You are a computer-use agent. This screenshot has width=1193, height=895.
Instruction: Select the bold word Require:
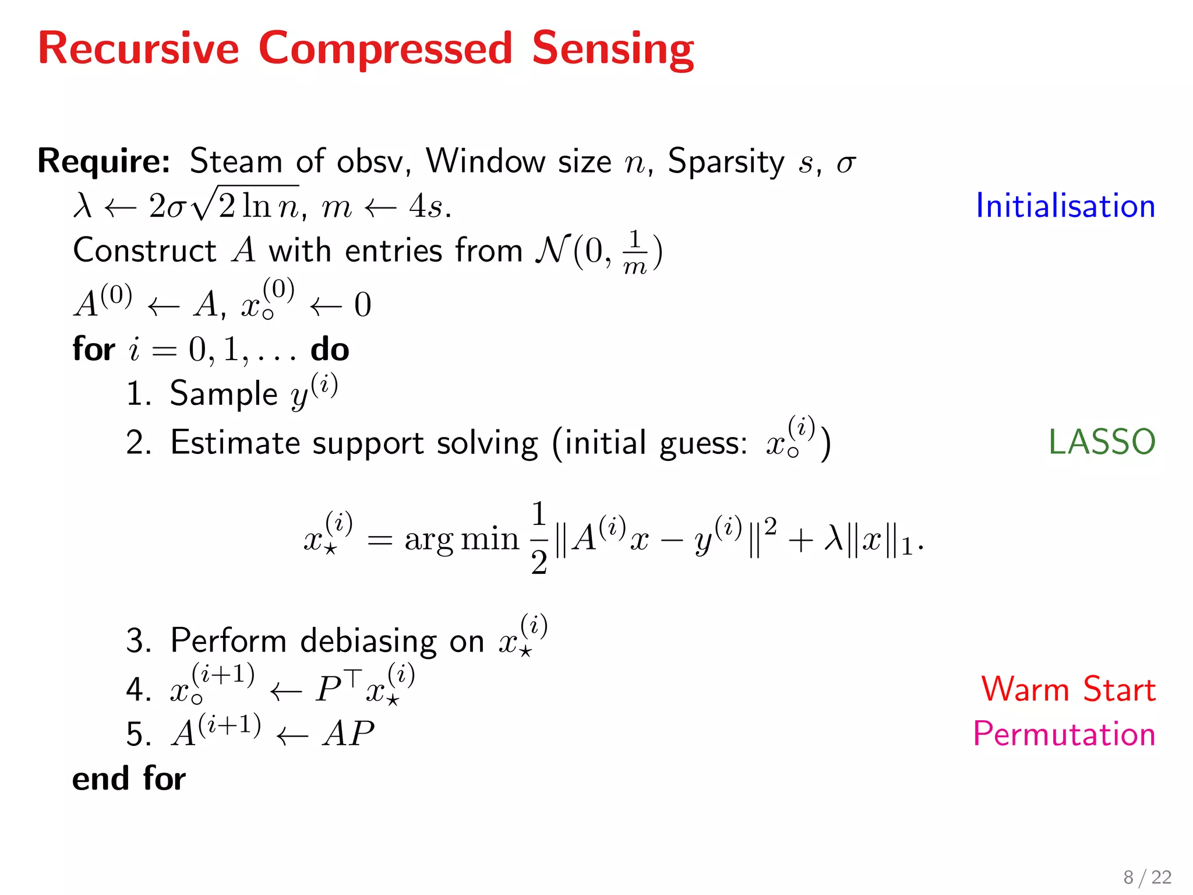(104, 161)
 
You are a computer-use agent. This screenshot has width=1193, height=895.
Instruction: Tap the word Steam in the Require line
(236, 161)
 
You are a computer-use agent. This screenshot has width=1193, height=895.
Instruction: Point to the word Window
(485, 161)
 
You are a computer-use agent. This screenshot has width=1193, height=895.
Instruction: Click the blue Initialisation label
(1065, 206)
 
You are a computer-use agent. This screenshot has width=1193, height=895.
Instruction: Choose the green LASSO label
(1102, 442)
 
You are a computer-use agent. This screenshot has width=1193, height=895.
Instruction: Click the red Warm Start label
(1068, 689)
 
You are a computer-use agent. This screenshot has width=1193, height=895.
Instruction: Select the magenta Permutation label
(1064, 734)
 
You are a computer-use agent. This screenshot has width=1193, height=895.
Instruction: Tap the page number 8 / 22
(1147, 877)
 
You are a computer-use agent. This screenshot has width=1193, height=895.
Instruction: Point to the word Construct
(144, 251)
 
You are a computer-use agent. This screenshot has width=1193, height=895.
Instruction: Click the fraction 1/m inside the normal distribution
(635, 252)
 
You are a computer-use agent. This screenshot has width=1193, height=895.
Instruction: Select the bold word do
(330, 350)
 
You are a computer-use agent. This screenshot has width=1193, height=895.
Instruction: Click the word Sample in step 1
(223, 394)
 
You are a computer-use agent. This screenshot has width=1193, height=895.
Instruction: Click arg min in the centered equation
(461, 538)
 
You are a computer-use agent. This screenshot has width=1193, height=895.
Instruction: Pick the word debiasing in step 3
(368, 642)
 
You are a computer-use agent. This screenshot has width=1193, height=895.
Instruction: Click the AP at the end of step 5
(349, 734)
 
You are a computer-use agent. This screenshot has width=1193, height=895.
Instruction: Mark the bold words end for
(129, 779)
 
